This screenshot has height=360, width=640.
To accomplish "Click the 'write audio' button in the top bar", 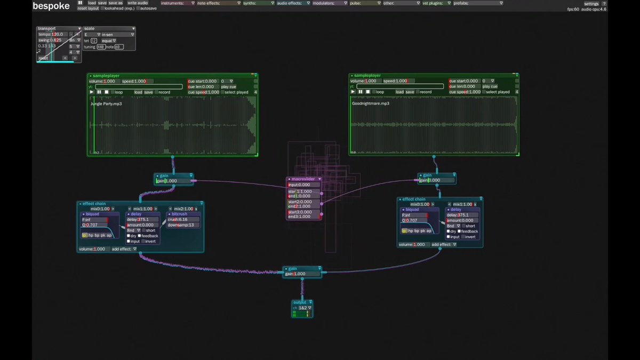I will [138, 3].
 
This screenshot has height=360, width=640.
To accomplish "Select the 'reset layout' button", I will [88, 9].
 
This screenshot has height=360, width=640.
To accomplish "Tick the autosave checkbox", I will [138, 9].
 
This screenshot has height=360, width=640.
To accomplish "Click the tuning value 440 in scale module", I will [100, 47].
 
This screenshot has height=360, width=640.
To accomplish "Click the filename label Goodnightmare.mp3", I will [370, 103].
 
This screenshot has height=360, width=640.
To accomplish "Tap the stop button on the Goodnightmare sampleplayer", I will [367, 92].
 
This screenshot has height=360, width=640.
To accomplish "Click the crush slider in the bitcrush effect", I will [183, 219].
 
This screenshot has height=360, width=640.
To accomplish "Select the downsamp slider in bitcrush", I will [183, 225].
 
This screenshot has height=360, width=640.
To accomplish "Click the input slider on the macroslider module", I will [304, 185].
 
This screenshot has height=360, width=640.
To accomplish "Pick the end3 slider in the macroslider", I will [304, 217].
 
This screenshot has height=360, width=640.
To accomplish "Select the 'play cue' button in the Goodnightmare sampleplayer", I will [490, 86].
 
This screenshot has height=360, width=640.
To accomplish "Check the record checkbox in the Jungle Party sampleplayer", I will [156, 92].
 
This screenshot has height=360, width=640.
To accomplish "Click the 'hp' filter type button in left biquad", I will [91, 235].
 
